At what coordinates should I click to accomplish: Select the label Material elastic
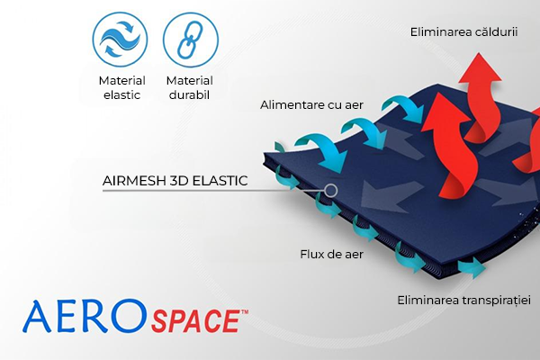[121, 88]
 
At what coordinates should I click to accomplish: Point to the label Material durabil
[189, 88]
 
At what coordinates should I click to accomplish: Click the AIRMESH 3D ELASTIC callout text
[175, 180]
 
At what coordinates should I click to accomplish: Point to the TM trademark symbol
[242, 310]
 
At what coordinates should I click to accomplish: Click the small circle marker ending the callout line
[331, 190]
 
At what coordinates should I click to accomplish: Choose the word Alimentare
[292, 105]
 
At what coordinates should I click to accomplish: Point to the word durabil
[189, 95]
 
